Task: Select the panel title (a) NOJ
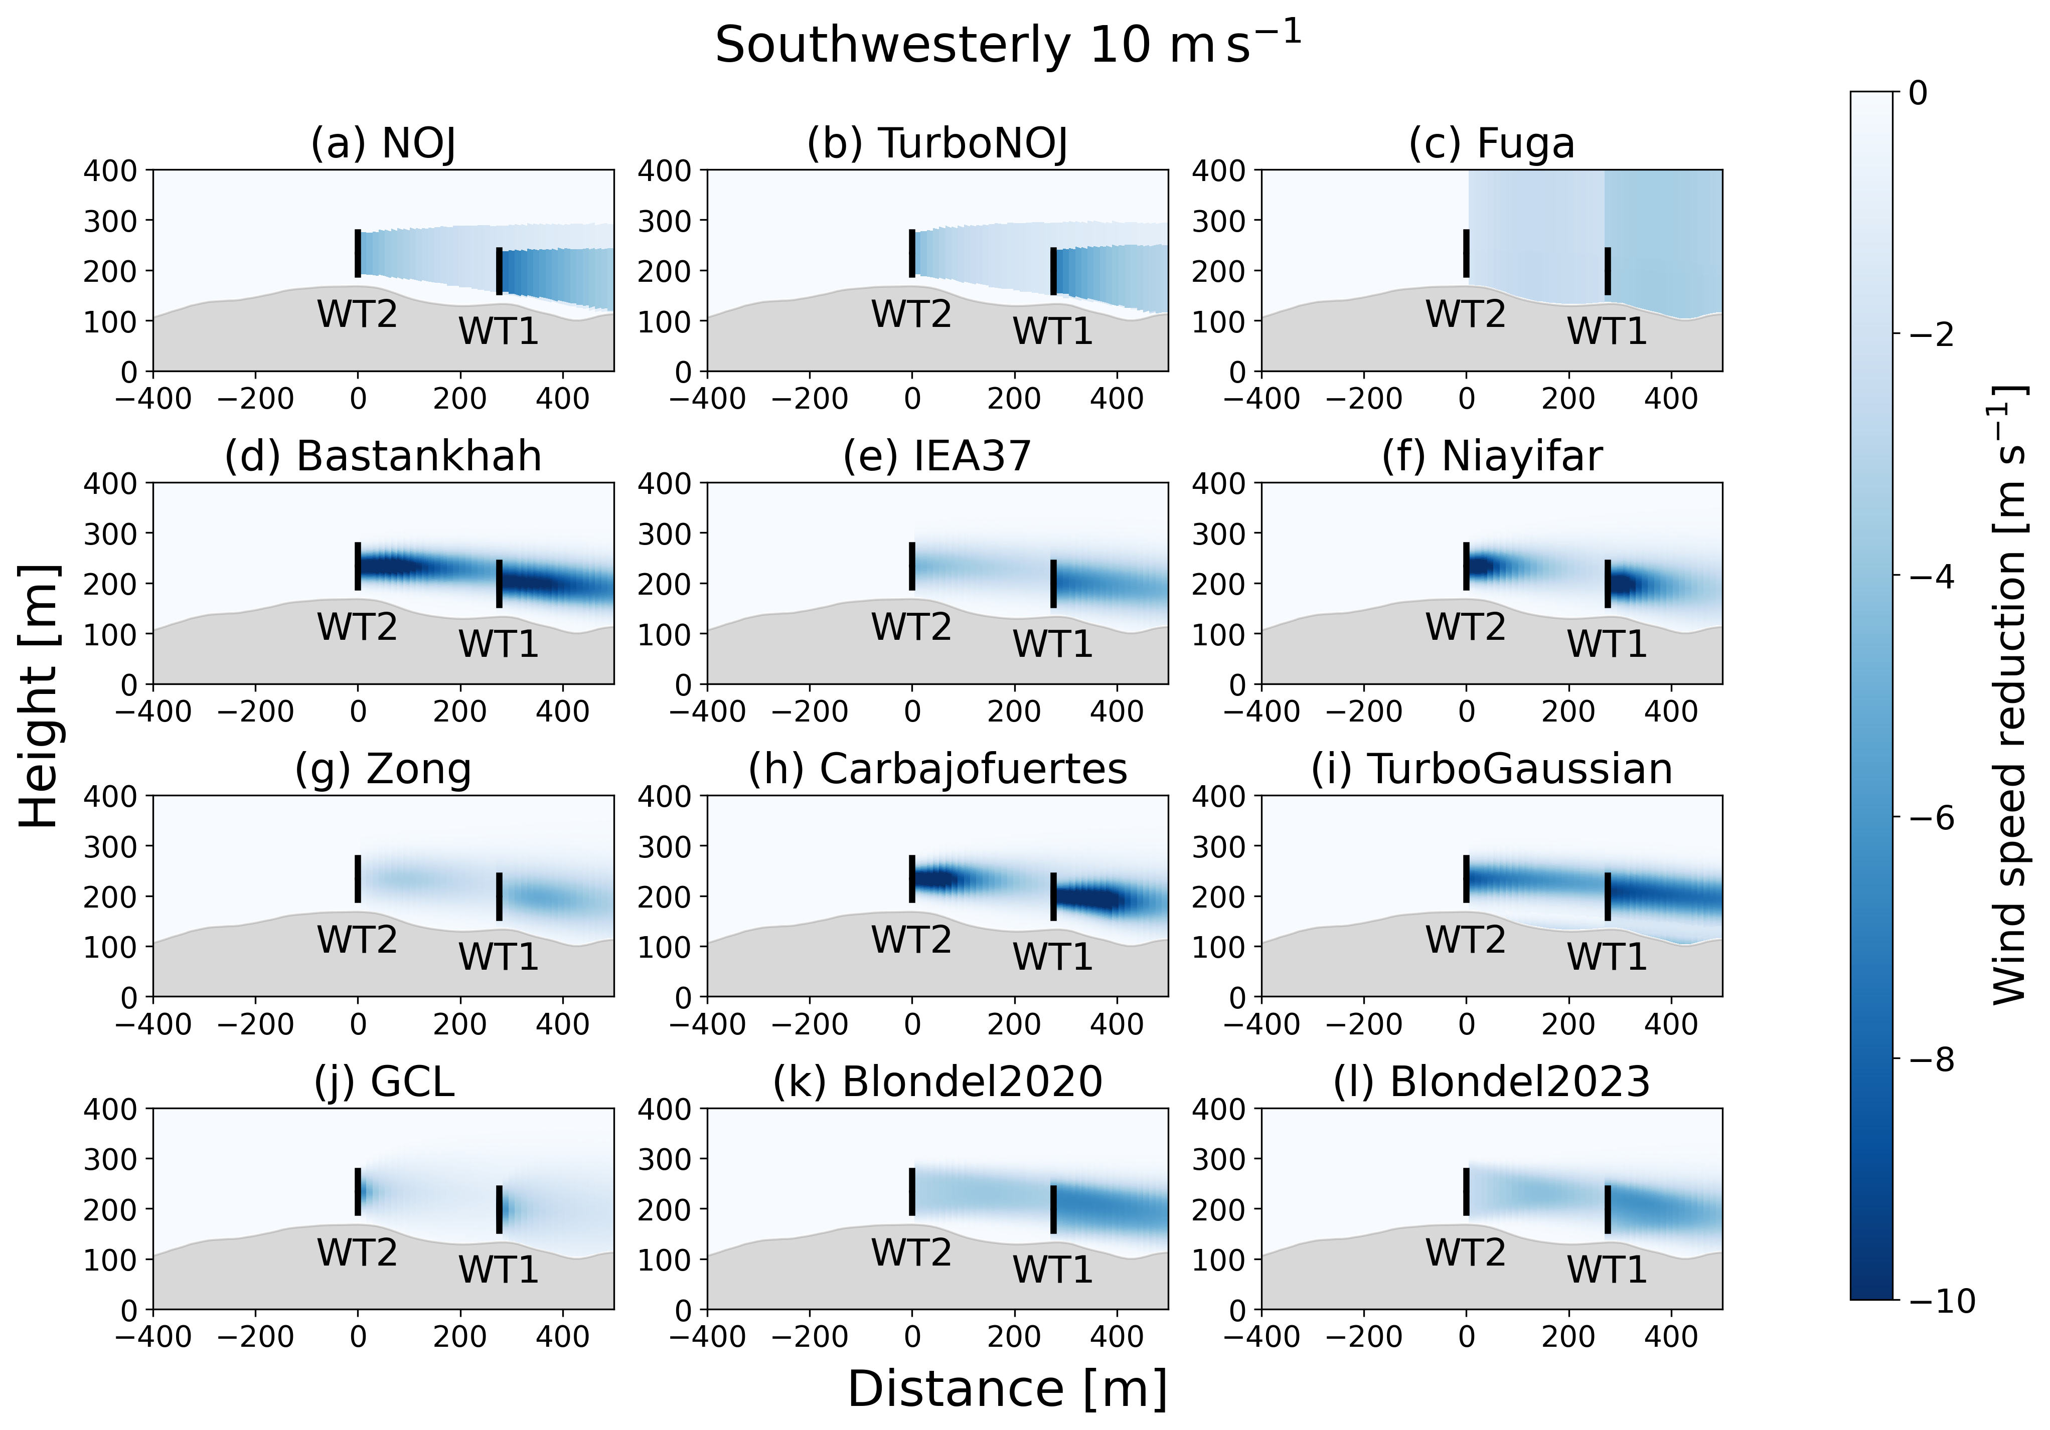click(383, 143)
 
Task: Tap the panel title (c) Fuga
click(1491, 143)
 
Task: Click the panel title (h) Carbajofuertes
click(937, 769)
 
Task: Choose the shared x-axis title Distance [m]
click(1007, 1389)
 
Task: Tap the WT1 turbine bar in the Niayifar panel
click(1607, 583)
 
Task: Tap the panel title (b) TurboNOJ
click(937, 143)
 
